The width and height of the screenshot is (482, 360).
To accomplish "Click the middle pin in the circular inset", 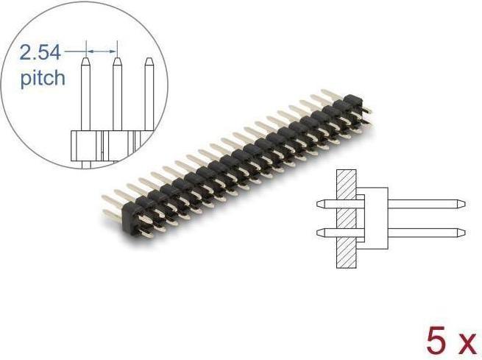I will (x=116, y=96).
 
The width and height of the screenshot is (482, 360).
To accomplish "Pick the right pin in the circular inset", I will (x=149, y=96).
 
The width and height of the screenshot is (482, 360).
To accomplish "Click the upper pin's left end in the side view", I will (x=319, y=202).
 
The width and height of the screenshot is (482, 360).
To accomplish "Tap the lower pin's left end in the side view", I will (x=319, y=233).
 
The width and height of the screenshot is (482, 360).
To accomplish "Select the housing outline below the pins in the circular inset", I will (x=103, y=144).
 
